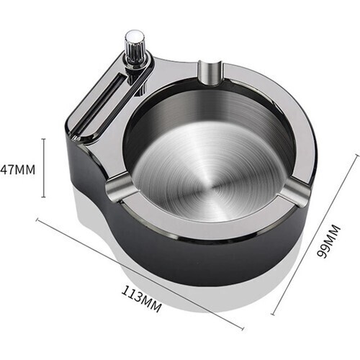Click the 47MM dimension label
click(x=18, y=170)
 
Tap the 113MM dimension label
click(x=142, y=298)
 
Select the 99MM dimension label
click(x=328, y=241)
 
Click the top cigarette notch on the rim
click(x=211, y=73)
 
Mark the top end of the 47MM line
click(x=43, y=139)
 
